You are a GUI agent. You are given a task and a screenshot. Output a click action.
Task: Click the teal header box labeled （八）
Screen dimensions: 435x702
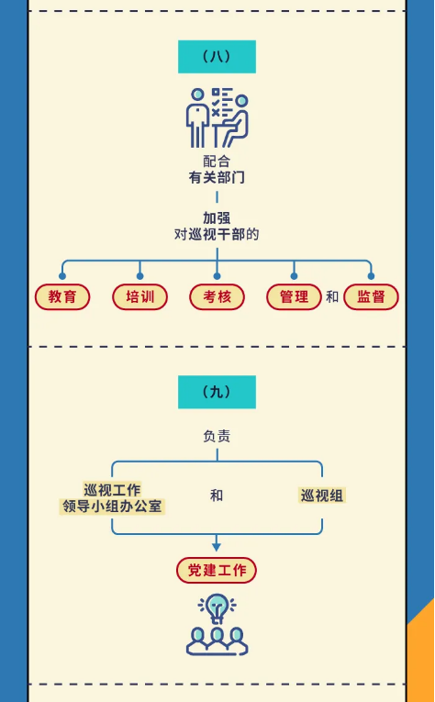click(217, 57)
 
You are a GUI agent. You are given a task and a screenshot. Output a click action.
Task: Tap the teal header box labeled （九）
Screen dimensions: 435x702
click(217, 392)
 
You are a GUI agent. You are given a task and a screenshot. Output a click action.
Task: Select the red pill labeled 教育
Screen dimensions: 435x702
click(62, 296)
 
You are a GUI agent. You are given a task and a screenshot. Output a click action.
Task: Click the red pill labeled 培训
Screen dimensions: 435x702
click(140, 296)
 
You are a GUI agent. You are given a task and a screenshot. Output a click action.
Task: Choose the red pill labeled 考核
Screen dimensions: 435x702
click(217, 296)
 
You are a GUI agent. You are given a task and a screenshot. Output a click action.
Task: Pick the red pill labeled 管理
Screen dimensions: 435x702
click(294, 296)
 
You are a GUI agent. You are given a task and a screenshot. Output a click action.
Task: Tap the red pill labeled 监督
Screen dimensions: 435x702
click(371, 296)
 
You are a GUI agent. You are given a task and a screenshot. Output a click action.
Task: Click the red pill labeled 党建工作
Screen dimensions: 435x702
click(217, 571)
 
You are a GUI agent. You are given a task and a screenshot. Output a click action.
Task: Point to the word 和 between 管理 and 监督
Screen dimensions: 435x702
click(332, 296)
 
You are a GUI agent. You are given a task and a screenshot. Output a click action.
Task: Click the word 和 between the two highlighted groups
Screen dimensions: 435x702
click(217, 496)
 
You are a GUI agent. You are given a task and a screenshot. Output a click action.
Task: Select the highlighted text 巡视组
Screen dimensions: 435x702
click(322, 496)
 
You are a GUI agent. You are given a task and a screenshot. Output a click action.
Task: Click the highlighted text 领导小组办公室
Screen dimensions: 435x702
click(112, 507)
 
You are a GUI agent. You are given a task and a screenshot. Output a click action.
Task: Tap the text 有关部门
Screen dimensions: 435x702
click(217, 178)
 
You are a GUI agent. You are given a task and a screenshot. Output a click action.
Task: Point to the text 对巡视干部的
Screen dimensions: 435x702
click(217, 235)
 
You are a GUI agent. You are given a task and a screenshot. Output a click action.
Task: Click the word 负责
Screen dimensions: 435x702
click(217, 437)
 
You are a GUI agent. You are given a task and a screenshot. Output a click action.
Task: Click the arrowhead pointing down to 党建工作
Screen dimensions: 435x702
click(217, 547)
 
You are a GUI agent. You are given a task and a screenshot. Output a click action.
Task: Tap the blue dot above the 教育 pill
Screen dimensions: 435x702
click(62, 276)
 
